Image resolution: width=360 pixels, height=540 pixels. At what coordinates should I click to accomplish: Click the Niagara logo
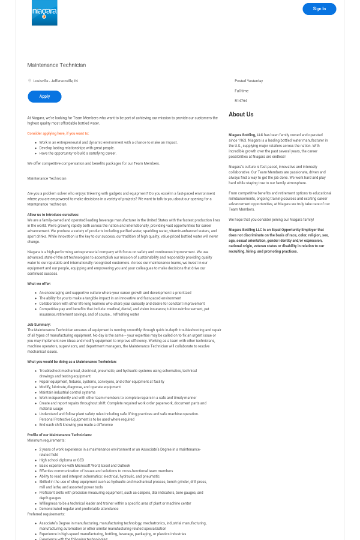pyautogui.click(x=44, y=13)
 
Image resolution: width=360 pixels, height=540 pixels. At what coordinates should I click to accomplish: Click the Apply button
pyautogui.click(x=44, y=97)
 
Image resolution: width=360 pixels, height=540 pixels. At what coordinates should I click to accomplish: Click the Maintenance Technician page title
pyautogui.click(x=56, y=65)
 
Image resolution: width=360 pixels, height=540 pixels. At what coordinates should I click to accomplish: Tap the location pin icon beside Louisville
pyautogui.click(x=29, y=80)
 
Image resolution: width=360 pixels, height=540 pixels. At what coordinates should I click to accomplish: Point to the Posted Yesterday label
pyautogui.click(x=248, y=80)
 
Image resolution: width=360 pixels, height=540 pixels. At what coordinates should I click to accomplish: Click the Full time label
pyautogui.click(x=241, y=91)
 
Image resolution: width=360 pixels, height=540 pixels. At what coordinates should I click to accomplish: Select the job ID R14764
pyautogui.click(x=241, y=101)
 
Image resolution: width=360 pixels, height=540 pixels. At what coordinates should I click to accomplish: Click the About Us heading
pyautogui.click(x=241, y=115)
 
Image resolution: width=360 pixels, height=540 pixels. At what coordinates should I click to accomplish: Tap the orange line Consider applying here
pyautogui.click(x=58, y=133)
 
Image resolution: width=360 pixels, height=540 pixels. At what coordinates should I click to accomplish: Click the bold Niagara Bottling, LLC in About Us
pyautogui.click(x=246, y=135)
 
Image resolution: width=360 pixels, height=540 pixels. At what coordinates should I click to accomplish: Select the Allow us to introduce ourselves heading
pyautogui.click(x=53, y=214)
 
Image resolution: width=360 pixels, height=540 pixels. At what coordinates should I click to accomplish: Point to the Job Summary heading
pyautogui.click(x=39, y=324)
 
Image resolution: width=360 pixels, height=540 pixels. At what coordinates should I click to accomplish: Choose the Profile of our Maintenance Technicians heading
pyautogui.click(x=59, y=434)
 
